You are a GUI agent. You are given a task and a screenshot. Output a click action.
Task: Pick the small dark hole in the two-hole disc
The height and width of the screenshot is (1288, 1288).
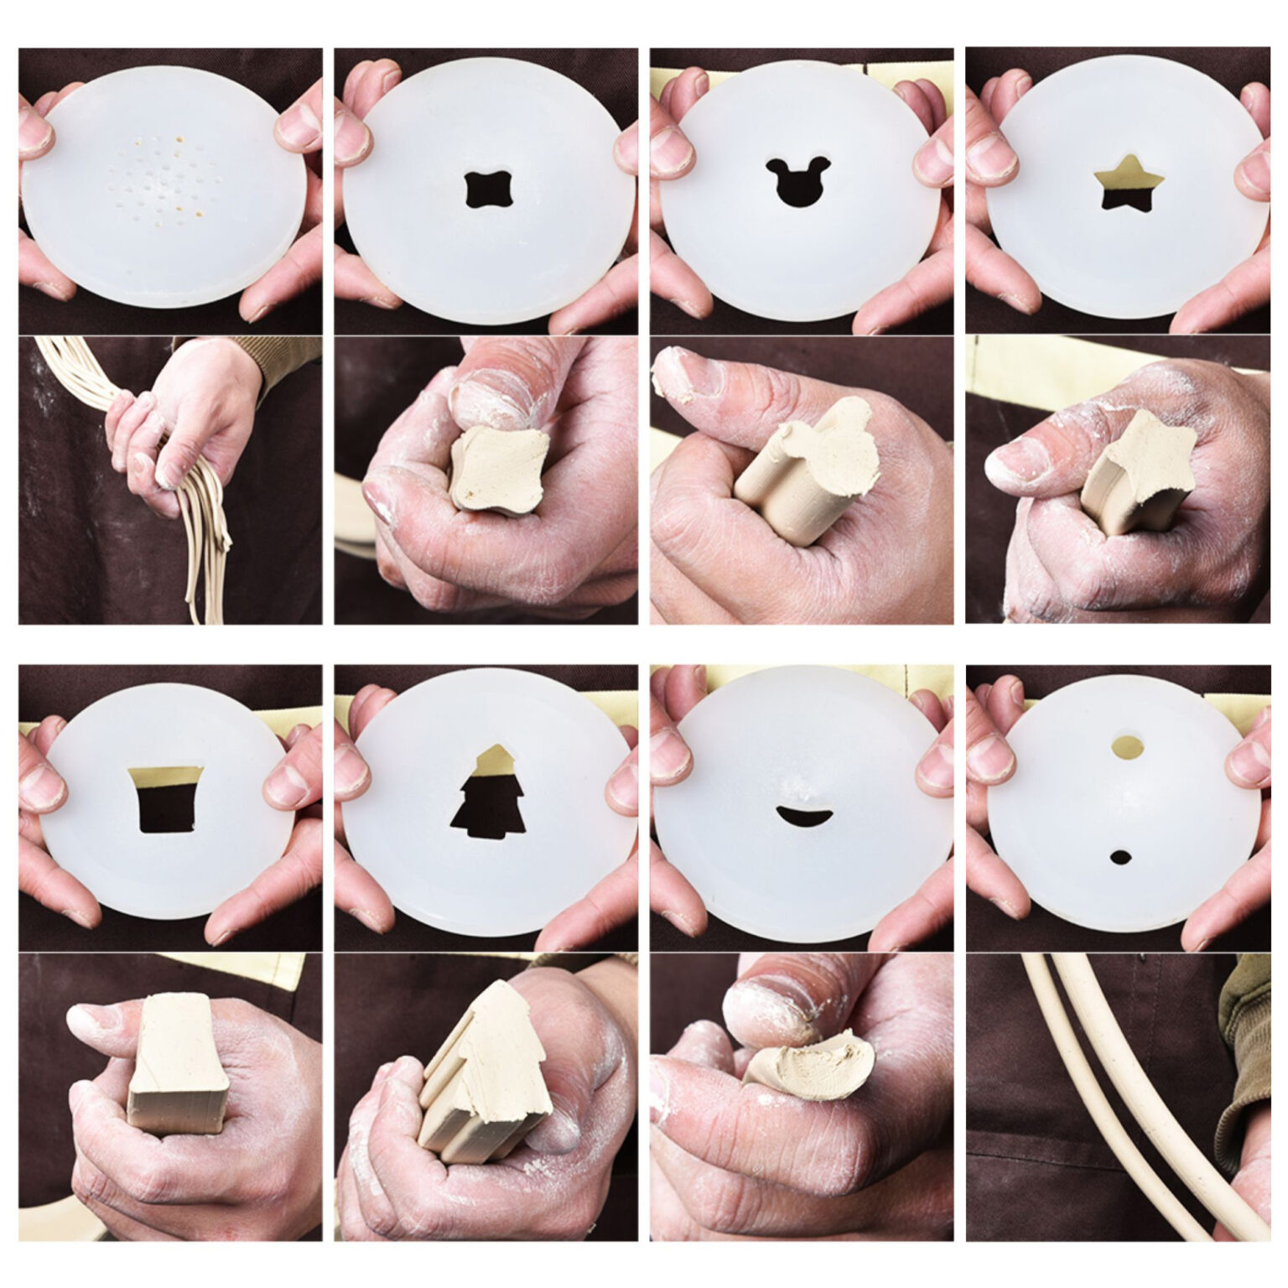[1119, 857]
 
